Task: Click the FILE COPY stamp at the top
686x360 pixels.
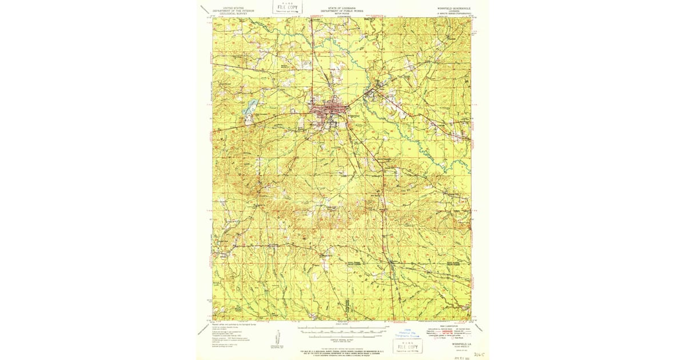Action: [x=288, y=7]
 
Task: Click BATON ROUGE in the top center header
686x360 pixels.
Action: [x=341, y=14]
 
